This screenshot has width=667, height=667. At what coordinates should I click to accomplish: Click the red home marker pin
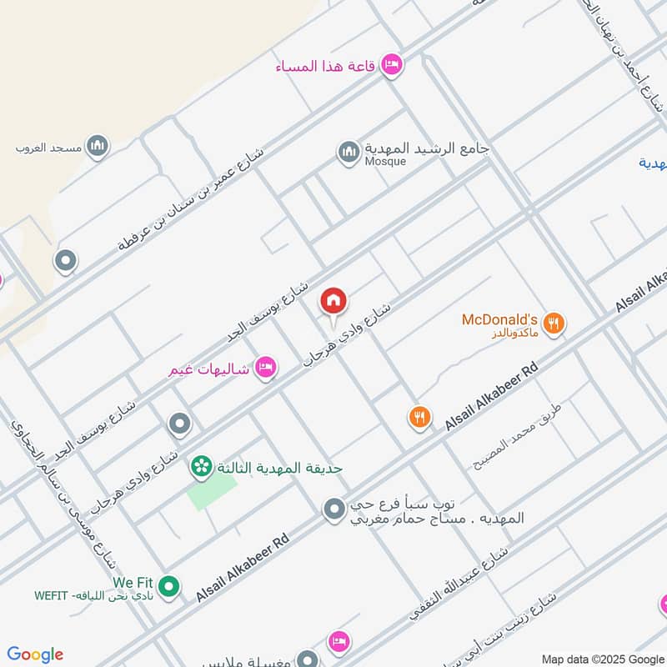333,301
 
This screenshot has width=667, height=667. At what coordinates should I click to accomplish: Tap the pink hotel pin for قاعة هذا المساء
392,64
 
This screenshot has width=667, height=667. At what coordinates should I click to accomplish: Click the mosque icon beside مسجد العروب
98,147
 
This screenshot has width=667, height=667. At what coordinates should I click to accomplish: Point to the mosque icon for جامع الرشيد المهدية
348,152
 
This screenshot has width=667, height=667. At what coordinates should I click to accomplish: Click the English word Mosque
385,162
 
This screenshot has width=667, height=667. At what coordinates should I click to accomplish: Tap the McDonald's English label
499,319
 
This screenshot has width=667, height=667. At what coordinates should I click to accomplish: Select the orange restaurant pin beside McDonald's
553,323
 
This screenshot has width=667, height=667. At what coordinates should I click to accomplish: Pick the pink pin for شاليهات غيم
265,365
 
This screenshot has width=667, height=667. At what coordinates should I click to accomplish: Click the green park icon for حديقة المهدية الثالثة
201,468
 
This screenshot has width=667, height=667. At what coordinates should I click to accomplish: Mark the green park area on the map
206,493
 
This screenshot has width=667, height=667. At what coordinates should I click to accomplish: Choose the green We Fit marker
169,587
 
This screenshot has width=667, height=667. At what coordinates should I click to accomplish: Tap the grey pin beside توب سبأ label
333,509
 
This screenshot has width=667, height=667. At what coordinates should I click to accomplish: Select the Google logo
35,654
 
